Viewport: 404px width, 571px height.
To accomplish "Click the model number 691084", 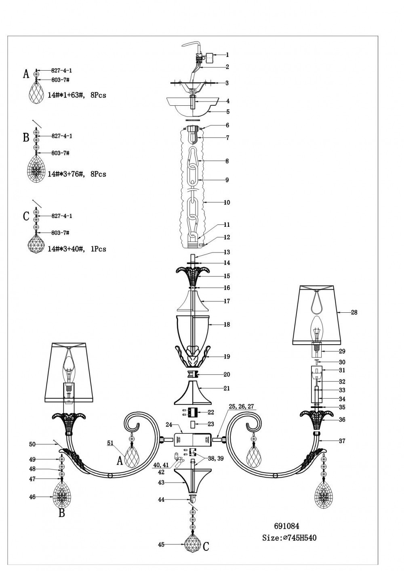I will click(286, 526).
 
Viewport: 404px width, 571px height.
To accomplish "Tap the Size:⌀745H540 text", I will click(289, 538).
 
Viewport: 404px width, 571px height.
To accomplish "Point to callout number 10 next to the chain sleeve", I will click(227, 202).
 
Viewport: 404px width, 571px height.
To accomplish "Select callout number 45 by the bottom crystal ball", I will click(161, 545).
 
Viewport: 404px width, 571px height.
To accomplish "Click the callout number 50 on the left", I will click(32, 444).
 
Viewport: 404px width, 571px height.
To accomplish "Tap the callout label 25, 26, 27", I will click(241, 407).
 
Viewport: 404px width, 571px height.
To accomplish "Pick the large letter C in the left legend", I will click(26, 216).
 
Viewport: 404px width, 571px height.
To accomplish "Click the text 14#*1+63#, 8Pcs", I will click(77, 96).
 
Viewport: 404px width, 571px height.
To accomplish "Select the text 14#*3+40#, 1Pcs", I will click(77, 249).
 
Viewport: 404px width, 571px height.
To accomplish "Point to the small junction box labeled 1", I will click(209, 58).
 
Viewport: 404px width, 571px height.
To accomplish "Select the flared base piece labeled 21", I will click(193, 393).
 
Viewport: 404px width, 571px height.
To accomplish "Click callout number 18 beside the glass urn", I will click(227, 324).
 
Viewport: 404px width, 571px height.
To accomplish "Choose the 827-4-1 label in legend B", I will click(62, 136).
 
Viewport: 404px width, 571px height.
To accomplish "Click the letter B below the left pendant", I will click(62, 513).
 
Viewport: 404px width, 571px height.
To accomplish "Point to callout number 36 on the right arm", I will click(342, 420).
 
